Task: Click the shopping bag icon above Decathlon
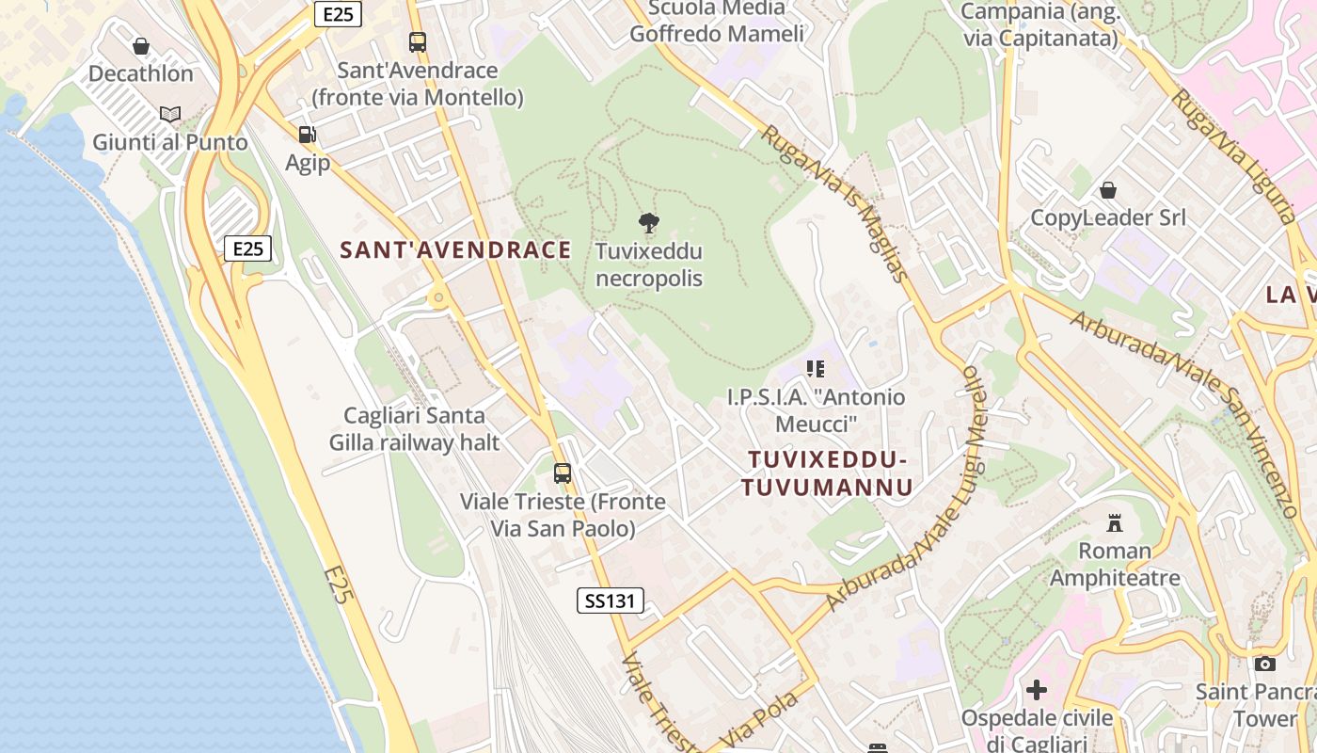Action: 141,46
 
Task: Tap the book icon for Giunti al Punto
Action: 170,115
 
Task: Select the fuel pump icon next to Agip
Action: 307,135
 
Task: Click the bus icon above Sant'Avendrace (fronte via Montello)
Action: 418,42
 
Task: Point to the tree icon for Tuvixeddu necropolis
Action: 648,223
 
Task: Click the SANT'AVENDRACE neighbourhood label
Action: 455,249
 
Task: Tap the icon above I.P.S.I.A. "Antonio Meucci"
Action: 816,369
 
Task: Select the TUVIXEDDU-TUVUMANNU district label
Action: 827,473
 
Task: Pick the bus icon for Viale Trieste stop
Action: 563,473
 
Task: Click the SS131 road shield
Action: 611,601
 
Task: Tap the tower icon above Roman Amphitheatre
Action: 1115,522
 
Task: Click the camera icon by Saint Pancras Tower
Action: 1265,664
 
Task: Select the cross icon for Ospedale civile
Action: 1036,690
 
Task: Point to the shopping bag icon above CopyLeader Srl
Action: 1108,190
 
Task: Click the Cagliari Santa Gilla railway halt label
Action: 414,428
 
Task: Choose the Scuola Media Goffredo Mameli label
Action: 717,22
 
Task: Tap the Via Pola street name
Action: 759,720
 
